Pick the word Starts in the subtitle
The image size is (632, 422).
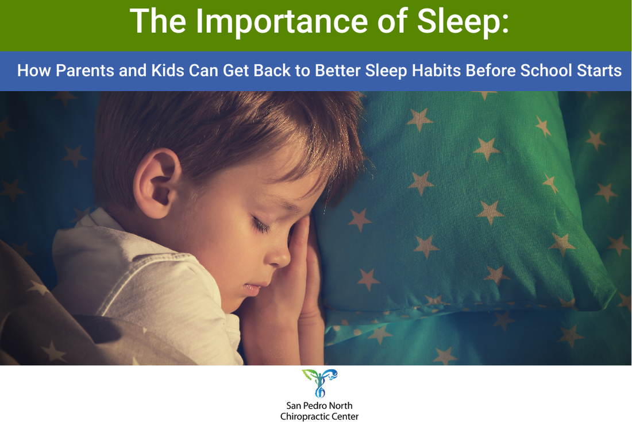599,71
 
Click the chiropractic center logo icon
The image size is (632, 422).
319,384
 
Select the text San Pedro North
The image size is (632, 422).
319,405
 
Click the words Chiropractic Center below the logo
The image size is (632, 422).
319,416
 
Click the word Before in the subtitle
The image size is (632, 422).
494,71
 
